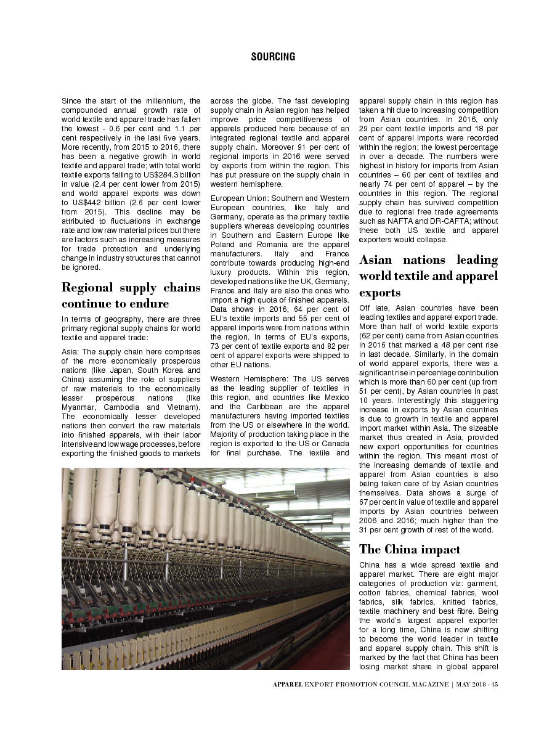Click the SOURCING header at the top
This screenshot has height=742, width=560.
click(273, 57)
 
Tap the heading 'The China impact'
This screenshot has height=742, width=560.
click(410, 549)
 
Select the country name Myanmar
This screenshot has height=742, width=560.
click(79, 407)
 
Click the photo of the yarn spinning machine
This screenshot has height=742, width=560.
click(205, 568)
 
